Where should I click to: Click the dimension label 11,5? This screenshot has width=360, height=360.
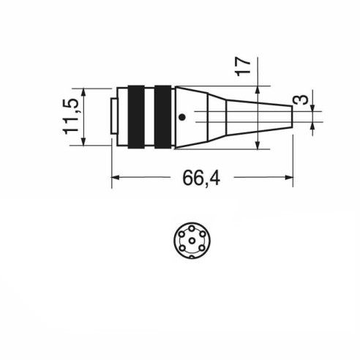[70, 117]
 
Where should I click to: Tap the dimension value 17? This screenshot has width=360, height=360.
[243, 67]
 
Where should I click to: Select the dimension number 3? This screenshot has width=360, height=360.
[303, 100]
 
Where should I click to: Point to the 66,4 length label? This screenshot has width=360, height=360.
[201, 178]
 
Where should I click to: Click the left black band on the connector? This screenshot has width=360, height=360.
[136, 117]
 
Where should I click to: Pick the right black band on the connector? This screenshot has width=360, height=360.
[163, 117]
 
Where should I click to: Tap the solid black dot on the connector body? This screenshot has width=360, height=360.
[182, 117]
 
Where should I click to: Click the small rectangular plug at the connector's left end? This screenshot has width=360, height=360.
[113, 116]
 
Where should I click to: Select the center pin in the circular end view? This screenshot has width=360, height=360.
[192, 241]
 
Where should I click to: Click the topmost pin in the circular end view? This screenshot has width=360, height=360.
[192, 229]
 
